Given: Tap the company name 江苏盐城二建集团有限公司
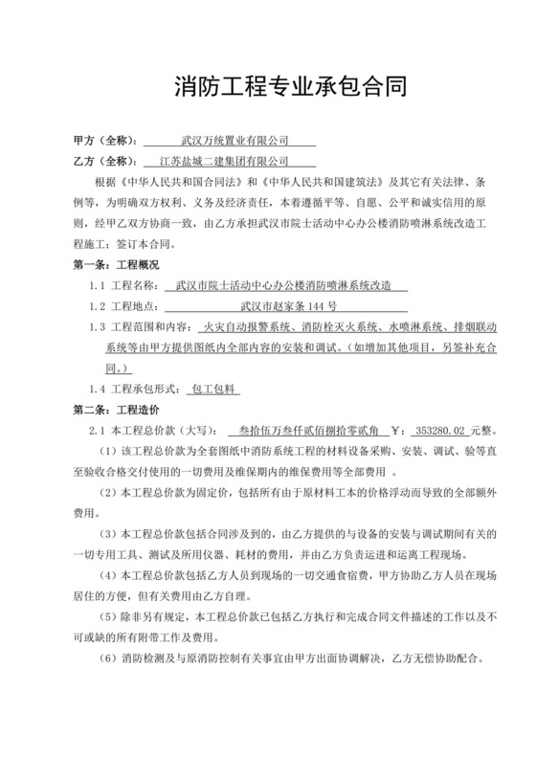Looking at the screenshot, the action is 235,161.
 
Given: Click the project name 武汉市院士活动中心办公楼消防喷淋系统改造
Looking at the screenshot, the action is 284,285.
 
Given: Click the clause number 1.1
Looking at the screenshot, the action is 98,285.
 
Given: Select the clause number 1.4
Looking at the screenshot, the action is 98,390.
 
